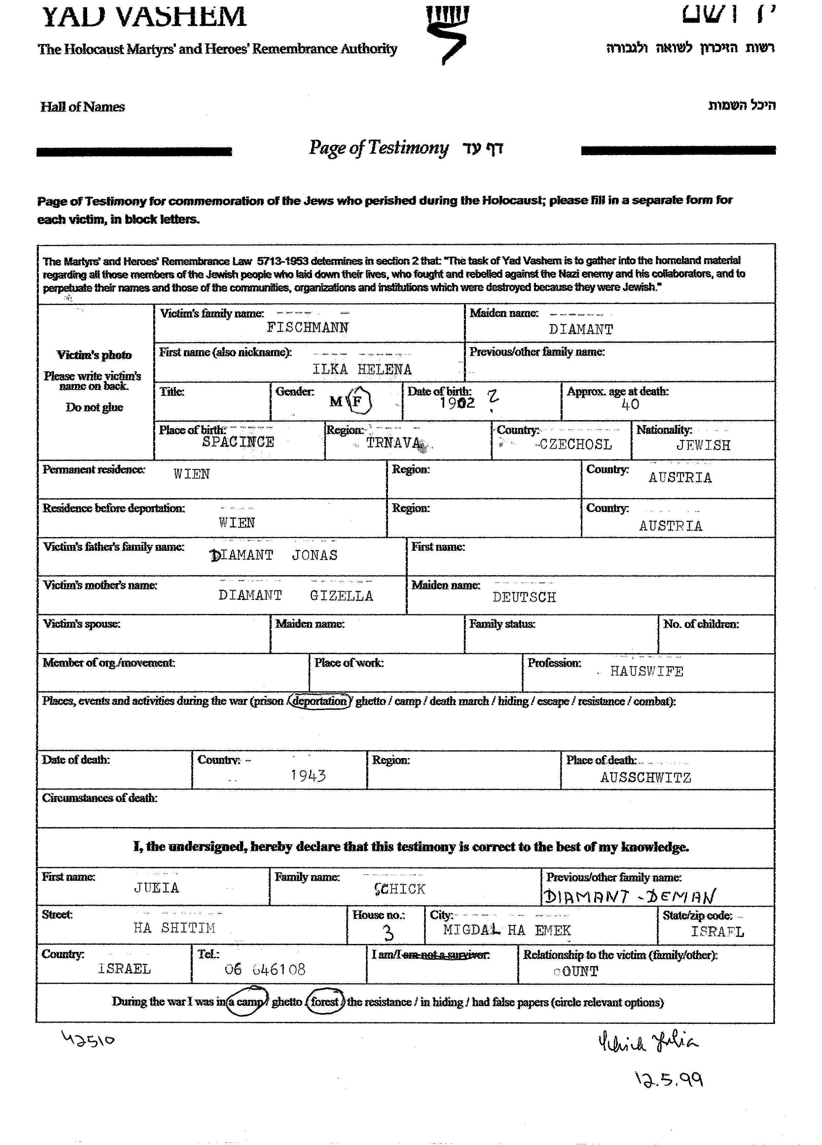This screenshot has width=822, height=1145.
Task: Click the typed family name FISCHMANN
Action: [x=307, y=328]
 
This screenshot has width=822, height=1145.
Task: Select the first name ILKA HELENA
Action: [x=362, y=369]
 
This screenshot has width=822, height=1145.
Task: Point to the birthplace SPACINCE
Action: [x=238, y=442]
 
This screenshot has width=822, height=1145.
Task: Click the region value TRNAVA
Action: [x=394, y=443]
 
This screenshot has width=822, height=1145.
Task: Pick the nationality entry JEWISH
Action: [x=703, y=445]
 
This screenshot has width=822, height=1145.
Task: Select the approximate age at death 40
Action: [x=630, y=404]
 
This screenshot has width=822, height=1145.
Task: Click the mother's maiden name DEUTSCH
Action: [x=524, y=597]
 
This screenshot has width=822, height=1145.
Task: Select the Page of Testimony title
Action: [x=378, y=147]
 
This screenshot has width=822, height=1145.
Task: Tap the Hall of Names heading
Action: [x=83, y=107]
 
